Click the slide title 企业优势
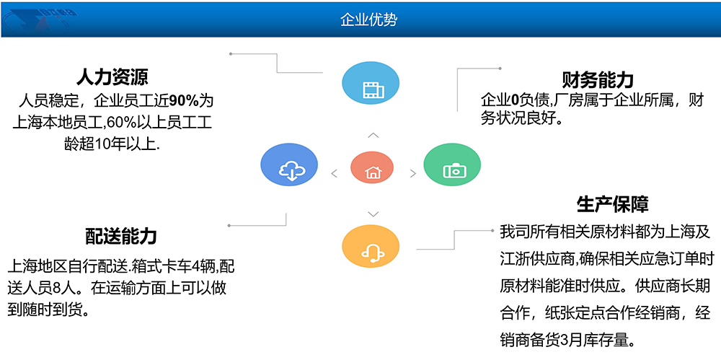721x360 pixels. coord(368,19)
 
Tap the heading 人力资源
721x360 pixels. coord(112,76)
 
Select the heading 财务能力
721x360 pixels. coord(598,80)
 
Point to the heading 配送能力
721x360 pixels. coord(121,236)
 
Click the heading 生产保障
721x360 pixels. coord(612,204)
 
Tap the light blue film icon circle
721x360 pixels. coord(371,83)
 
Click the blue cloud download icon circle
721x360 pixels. coord(289,164)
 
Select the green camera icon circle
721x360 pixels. coord(452,164)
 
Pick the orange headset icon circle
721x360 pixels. coord(371,247)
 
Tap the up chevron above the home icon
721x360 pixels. coord(373,136)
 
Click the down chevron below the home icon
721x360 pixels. coord(373,214)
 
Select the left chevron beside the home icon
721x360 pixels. coord(335,174)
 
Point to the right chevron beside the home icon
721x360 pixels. coord(413,174)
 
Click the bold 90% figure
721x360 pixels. coord(185,100)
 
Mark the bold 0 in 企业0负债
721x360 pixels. coord(515,100)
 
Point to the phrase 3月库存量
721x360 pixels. coord(590,341)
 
